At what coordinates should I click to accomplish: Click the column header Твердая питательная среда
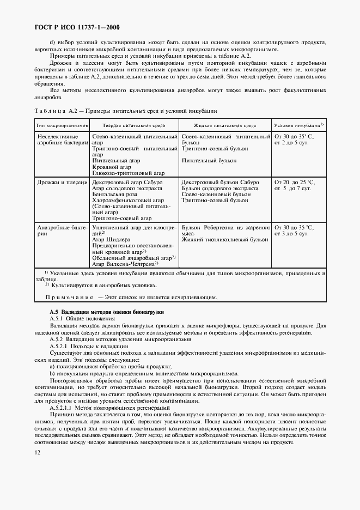133,125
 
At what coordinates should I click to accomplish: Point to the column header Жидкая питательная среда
224,125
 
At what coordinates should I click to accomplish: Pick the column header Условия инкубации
298,125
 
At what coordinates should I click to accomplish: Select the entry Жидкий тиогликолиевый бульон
224,239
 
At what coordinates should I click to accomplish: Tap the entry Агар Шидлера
111,239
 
